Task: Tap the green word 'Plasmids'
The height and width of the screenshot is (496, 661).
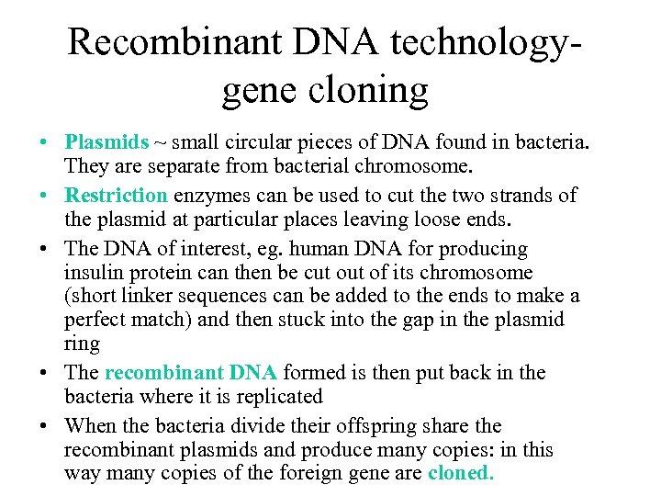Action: click(x=106, y=142)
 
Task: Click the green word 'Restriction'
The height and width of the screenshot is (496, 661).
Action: click(x=116, y=196)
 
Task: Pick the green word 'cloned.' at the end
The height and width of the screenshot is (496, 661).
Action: click(x=461, y=474)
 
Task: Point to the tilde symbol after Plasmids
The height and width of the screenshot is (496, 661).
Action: click(x=162, y=143)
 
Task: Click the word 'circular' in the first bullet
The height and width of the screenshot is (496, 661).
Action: click(x=255, y=142)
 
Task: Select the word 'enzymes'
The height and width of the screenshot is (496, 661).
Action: click(x=206, y=196)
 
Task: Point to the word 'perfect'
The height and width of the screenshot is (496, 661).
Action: click(x=95, y=320)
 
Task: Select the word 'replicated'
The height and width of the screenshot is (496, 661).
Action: click(x=277, y=397)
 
